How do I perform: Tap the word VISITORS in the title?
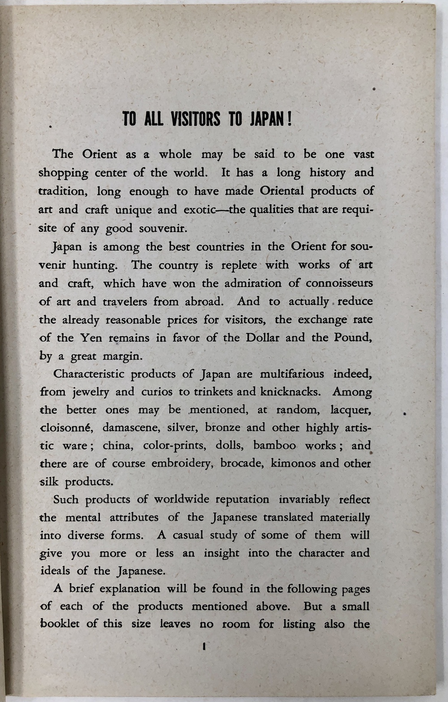tap(195, 120)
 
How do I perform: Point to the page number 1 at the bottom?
tap(204, 646)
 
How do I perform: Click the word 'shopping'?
tap(63, 173)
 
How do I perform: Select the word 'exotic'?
tap(199, 210)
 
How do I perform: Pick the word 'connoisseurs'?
tap(339, 283)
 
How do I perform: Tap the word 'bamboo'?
tap(275, 445)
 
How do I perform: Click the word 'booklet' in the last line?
tap(60, 624)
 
